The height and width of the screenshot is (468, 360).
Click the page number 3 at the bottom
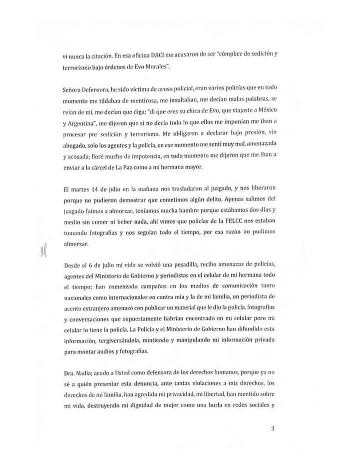(x=273, y=428)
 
